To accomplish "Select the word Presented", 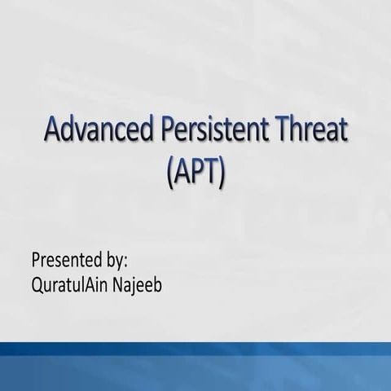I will (66, 261).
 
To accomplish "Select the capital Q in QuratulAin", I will (37, 286).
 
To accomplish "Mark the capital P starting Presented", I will (36, 261).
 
